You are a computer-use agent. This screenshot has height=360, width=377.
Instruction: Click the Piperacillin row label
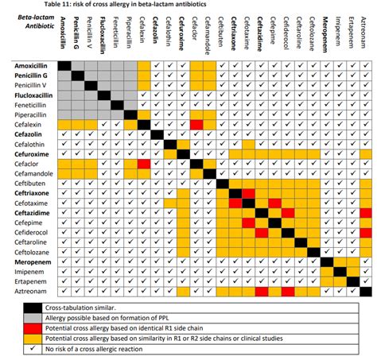[29, 114]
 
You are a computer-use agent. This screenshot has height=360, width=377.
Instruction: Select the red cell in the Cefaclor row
[144, 163]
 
